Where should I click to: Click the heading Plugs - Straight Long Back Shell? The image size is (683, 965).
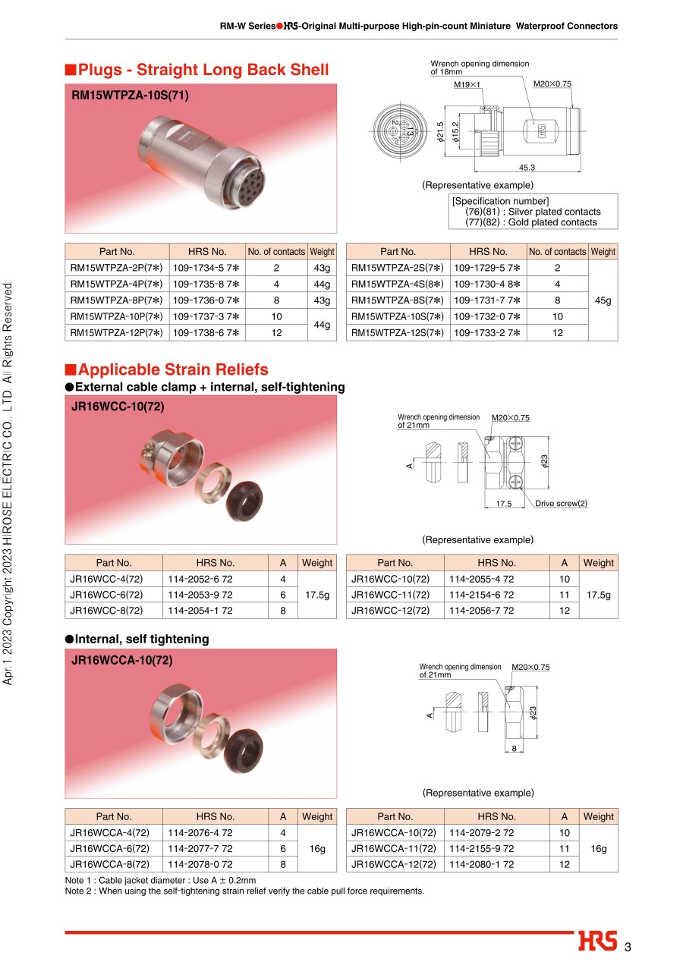[203, 70]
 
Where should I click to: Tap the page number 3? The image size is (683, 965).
[628, 947]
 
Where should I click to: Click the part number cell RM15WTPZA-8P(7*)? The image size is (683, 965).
[116, 300]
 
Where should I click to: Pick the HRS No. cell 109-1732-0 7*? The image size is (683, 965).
[486, 316]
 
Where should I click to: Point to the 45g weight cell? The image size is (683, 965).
[603, 300]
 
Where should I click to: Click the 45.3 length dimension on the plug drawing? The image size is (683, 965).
[527, 168]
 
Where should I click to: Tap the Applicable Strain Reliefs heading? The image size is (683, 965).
[172, 369]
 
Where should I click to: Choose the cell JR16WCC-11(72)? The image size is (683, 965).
[395, 595]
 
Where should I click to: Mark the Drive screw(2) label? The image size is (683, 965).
[561, 503]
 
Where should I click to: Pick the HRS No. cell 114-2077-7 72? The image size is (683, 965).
[200, 848]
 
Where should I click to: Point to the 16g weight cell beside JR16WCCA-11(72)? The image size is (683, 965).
[598, 848]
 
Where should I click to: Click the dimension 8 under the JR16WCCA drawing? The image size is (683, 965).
[514, 749]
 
